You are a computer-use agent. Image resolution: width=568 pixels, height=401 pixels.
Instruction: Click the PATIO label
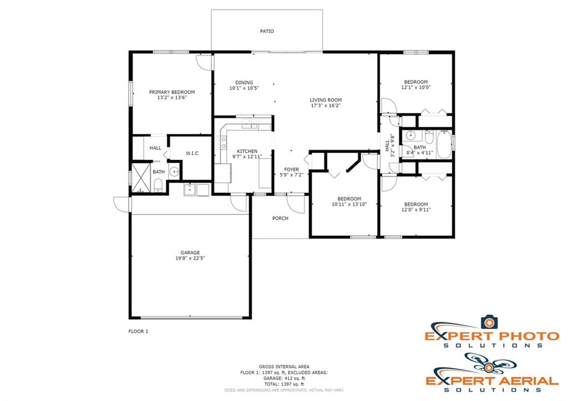267,32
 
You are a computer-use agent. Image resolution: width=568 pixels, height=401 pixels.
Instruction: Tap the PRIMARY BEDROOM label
172,92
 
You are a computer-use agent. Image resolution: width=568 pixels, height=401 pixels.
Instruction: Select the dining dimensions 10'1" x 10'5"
244,88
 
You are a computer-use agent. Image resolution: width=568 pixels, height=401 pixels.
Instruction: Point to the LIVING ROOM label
326,100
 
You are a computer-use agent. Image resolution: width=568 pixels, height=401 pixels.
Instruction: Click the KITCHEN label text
247,151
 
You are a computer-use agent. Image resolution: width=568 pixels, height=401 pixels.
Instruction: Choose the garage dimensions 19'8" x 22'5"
190,258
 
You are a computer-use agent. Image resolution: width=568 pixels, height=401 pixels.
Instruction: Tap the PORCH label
280,219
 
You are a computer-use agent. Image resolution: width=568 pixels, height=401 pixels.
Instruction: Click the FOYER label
292,169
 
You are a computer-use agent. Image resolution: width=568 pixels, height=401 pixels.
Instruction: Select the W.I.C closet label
192,154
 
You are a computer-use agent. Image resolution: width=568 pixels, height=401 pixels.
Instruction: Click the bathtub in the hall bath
444,145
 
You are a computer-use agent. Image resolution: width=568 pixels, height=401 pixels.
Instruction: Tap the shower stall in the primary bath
141,177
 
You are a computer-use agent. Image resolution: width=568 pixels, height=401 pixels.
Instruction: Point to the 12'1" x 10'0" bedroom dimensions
416,87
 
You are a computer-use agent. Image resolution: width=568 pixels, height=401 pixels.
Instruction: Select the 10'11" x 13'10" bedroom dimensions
349,204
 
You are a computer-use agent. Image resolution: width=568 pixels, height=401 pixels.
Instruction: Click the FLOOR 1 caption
138,332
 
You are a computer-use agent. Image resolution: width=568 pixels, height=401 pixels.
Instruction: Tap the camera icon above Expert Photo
489,322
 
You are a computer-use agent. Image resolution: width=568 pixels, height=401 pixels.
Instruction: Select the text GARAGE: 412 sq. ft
284,378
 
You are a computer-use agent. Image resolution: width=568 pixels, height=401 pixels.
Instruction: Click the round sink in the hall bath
410,135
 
